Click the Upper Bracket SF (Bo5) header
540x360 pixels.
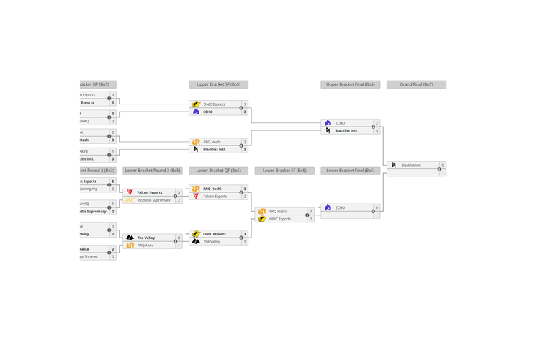coord(218,84)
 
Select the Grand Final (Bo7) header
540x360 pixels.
coord(416,84)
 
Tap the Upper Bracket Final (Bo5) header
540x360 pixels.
coord(350,84)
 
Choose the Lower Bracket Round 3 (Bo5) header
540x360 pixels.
coord(152,171)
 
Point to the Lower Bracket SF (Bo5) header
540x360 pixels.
coord(284,171)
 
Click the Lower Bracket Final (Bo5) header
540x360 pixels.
coord(350,171)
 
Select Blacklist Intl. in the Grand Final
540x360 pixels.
coord(411,166)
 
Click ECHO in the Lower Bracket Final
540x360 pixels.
coord(340,207)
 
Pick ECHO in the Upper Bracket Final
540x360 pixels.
coord(340,123)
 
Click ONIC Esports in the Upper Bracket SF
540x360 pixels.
coord(214,104)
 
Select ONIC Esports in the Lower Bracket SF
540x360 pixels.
coord(280,219)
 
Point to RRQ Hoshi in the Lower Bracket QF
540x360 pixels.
coord(214,189)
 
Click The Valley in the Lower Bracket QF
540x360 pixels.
coord(212,242)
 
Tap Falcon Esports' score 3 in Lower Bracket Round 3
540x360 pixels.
coord(179,192)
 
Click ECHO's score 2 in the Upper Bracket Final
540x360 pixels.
coord(377,123)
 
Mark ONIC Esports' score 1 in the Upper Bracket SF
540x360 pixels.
coord(245,104)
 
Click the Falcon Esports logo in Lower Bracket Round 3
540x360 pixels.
coord(130,192)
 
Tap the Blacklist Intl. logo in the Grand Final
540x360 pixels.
coord(394,166)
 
